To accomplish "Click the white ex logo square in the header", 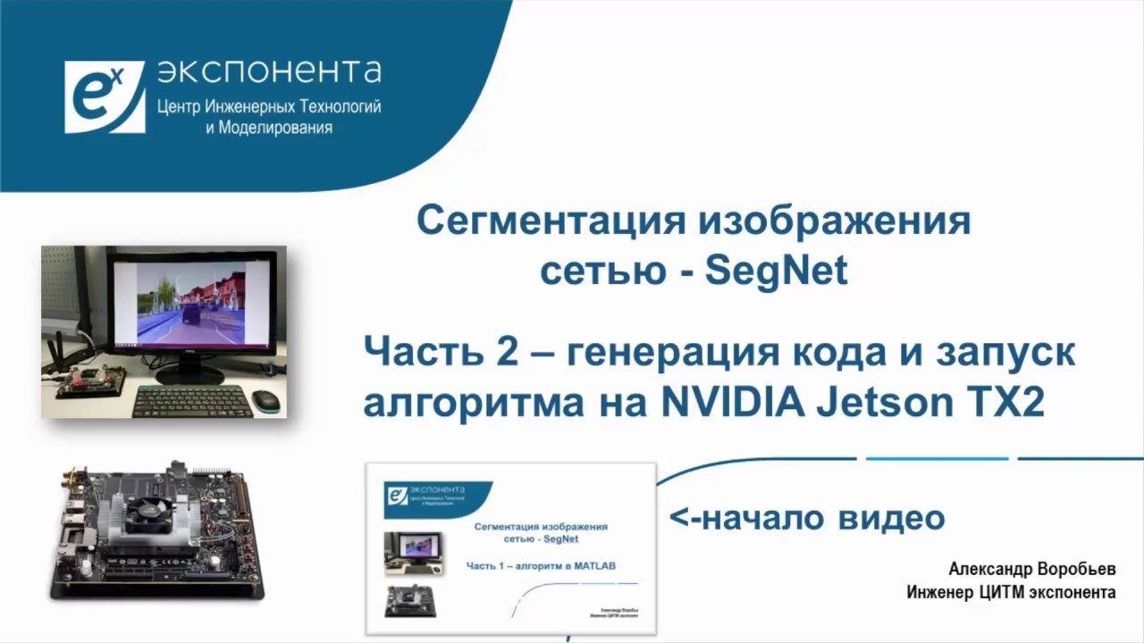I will [x=104, y=96].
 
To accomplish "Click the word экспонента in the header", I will [x=269, y=71].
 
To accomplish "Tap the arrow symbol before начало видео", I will [x=685, y=518].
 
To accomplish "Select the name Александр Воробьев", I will [x=1032, y=570].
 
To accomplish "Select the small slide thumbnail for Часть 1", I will [x=510, y=548].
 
